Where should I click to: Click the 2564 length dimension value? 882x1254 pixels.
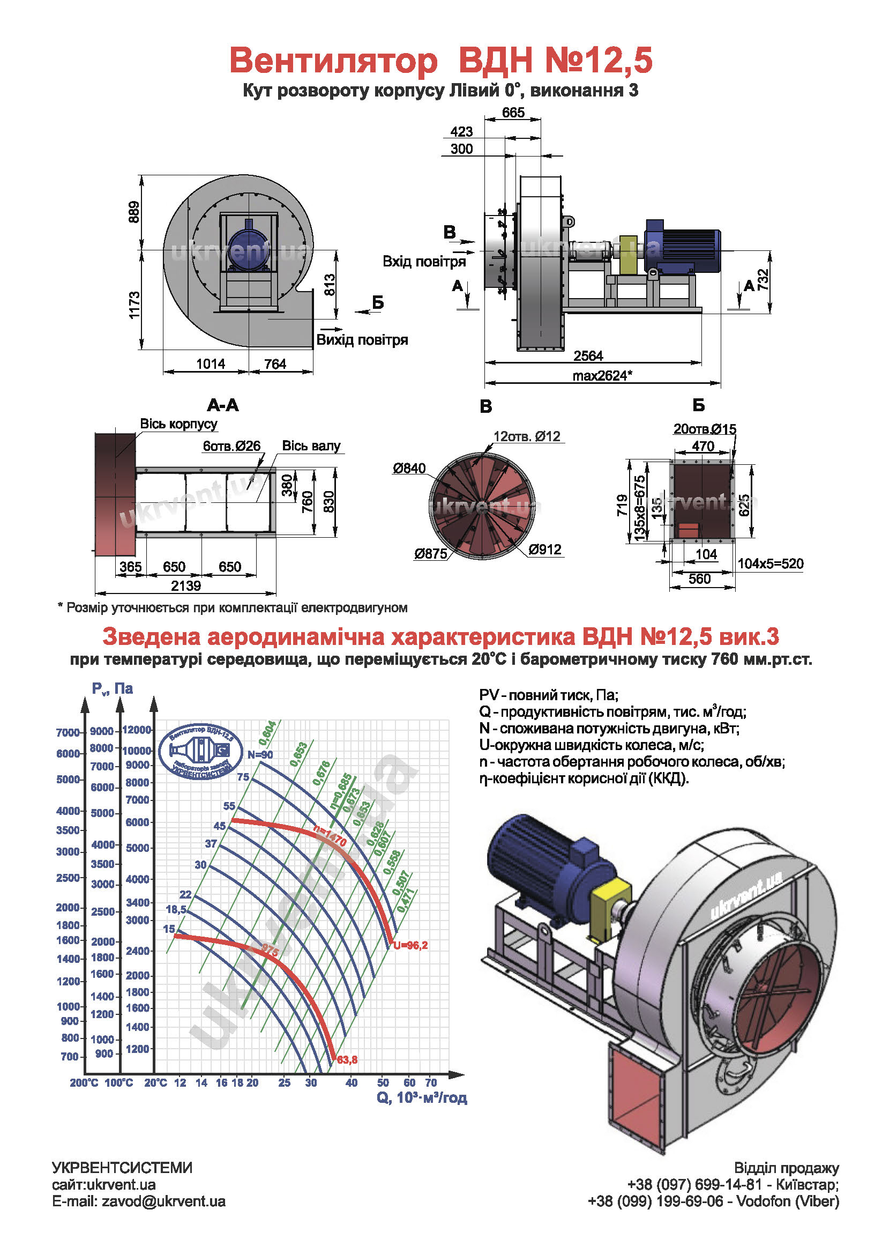tap(588, 356)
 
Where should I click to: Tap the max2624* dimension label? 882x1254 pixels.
tap(602, 376)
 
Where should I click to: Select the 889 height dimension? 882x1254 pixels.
tap(134, 212)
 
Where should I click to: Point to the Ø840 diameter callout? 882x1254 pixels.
tap(409, 468)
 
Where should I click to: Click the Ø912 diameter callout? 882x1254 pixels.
tap(545, 550)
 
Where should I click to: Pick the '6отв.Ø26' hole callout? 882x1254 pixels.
tap(231, 446)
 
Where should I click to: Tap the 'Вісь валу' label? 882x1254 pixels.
tap(311, 446)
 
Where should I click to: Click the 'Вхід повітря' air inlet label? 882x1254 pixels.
tap(424, 261)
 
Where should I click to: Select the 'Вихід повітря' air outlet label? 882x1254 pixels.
tap(362, 340)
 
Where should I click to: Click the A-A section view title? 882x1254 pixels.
tap(223, 405)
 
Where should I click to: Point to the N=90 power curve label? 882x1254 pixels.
tap(260, 755)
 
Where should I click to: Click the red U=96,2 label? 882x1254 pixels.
tap(410, 945)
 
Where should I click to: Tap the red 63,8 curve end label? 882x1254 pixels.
tap(347, 1059)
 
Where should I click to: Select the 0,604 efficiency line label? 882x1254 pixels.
tap(267, 733)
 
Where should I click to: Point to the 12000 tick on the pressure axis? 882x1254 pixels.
tap(137, 730)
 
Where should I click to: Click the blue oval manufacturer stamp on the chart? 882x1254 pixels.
tap(201, 751)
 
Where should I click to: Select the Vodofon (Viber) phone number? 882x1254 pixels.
tap(655, 1201)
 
